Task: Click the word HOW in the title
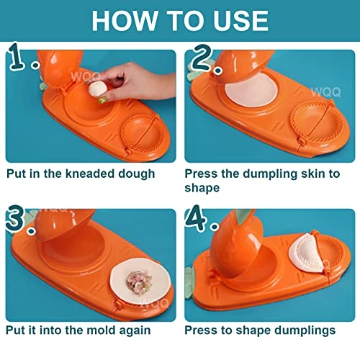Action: click(x=125, y=21)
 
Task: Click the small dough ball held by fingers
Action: click(x=97, y=89)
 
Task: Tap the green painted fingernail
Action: click(x=102, y=100)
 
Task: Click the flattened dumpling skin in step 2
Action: click(x=251, y=89)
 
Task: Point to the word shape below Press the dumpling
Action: click(x=202, y=188)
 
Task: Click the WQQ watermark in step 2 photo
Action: click(x=325, y=92)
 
